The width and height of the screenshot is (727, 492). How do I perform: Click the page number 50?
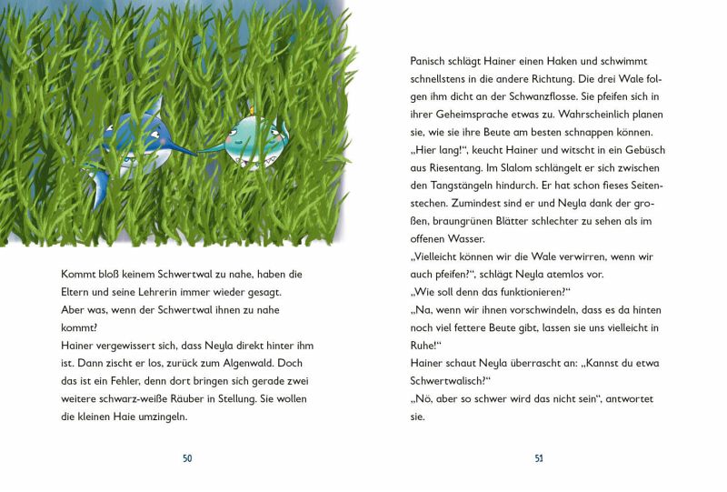[187, 458]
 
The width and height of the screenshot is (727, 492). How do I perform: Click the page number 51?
[539, 458]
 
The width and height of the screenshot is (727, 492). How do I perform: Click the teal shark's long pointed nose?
[211, 146]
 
